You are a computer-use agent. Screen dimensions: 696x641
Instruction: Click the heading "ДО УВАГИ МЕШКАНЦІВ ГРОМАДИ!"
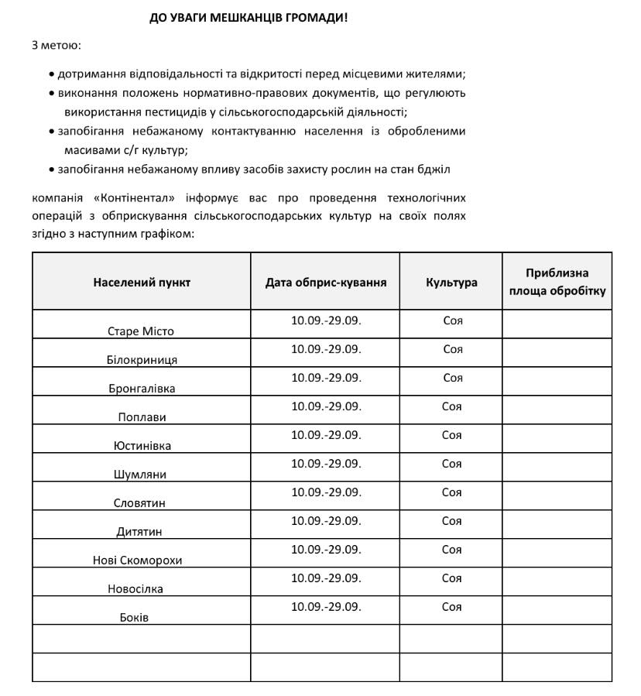click(249, 18)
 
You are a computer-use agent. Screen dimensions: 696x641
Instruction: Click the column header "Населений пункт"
click(142, 283)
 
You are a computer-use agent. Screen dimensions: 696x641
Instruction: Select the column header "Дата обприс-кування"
click(326, 283)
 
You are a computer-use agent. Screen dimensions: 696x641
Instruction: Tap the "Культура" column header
click(451, 283)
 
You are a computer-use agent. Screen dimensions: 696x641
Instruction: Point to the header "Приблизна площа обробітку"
click(557, 283)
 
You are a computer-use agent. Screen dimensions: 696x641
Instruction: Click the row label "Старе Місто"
click(141, 331)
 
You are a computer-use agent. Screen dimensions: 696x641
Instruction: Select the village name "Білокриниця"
click(142, 360)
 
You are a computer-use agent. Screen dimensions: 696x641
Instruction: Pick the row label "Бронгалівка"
click(142, 389)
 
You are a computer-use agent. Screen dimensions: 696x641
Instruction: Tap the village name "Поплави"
click(142, 417)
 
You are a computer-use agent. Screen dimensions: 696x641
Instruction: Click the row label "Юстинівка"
click(142, 446)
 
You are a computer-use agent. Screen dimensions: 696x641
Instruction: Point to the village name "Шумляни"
click(142, 475)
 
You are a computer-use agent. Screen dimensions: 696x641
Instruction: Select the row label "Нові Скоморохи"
click(138, 561)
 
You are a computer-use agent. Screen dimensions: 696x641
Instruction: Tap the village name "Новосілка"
click(135, 589)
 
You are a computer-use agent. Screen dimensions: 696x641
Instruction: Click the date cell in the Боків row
click(326, 607)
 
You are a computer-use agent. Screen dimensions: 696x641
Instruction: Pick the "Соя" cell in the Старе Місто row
click(453, 321)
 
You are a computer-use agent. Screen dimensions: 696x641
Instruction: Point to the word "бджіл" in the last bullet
click(435, 169)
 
